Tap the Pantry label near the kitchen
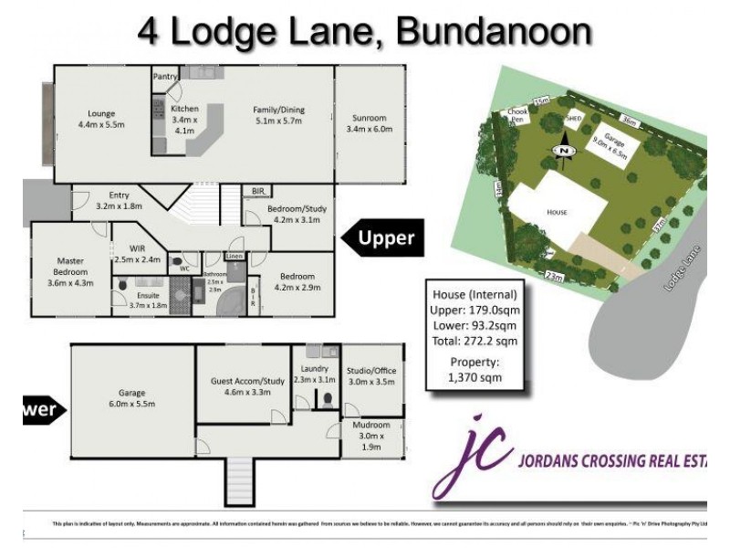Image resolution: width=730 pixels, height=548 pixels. [x=164, y=77]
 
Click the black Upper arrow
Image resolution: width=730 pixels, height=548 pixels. [x=382, y=238]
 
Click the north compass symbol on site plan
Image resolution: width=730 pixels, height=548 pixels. [x=564, y=150]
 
